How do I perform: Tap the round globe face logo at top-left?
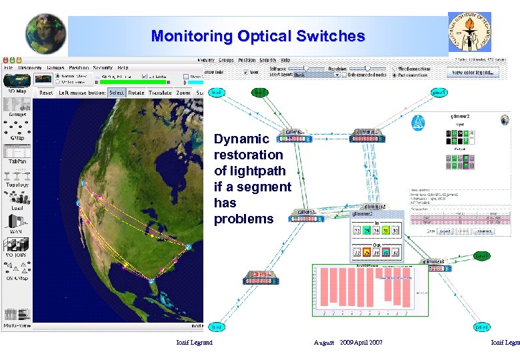pos(45,34)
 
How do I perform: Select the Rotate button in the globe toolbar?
pos(136,93)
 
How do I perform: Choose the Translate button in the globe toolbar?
pos(160,93)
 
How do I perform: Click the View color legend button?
pos(475,72)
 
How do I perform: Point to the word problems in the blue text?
pos(244,219)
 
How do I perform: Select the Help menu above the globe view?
pos(123,67)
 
